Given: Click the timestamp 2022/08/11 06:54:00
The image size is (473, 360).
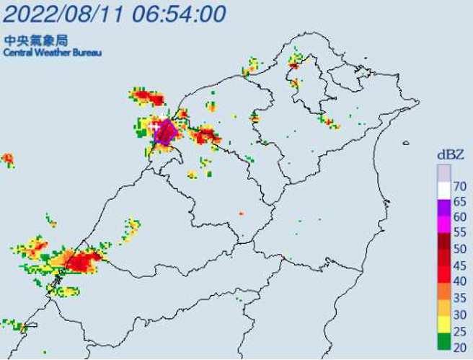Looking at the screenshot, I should [115, 13].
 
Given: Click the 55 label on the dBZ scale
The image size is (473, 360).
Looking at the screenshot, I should [460, 232].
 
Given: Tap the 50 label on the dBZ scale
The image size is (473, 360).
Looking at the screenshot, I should [460, 248].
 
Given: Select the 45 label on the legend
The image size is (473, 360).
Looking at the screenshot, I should [460, 265].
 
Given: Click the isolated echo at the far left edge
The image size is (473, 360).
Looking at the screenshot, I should [7, 158].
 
